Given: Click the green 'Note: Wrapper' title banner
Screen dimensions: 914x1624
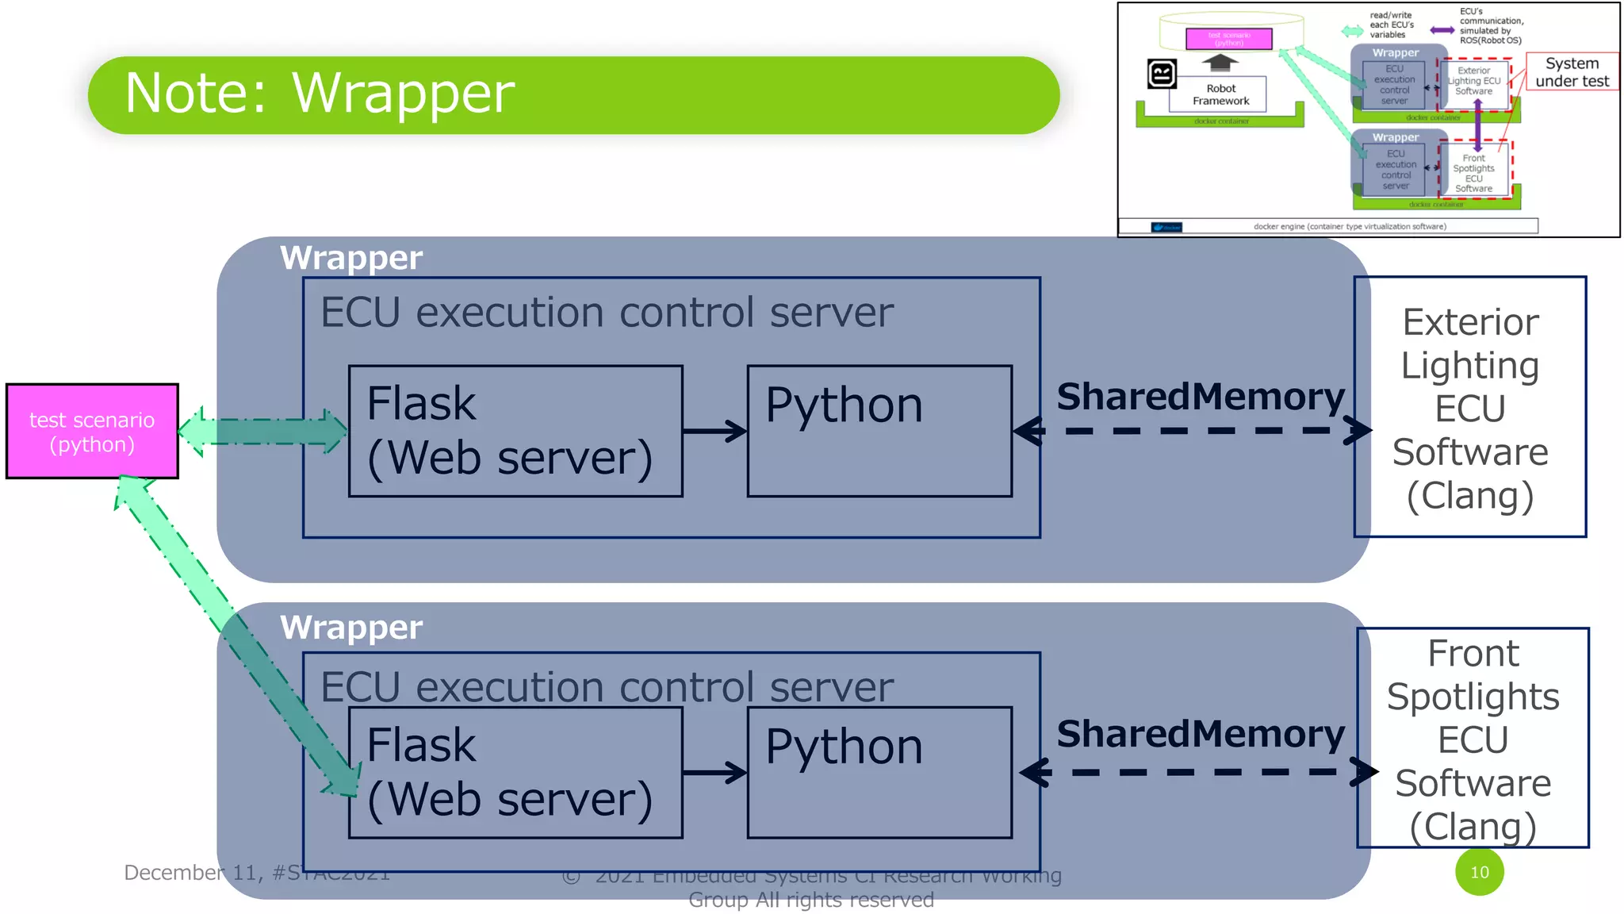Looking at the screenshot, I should point(573,94).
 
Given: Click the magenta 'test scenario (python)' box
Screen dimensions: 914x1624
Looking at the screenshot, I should point(92,432).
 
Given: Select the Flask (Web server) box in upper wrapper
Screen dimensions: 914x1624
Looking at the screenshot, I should point(515,432).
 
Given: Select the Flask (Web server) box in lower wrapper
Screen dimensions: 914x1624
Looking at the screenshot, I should point(515,773).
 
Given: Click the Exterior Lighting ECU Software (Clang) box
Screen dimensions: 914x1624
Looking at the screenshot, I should point(1470,408).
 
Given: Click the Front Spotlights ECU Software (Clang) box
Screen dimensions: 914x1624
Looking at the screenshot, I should point(1473,738).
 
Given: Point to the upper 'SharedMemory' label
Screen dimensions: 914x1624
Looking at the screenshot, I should point(1200,396).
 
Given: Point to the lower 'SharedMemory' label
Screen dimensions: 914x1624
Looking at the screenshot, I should point(1200,734).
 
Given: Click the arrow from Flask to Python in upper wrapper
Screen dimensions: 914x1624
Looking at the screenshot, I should point(714,432).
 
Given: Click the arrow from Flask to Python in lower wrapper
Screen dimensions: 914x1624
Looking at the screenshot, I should point(714,773).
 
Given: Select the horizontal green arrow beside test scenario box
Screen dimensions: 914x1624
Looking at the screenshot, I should point(262,432).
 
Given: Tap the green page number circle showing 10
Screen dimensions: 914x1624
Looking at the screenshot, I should point(1479,872).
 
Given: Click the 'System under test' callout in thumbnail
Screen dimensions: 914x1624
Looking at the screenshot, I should point(1572,72).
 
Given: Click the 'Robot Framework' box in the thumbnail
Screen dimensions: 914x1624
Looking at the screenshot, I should point(1220,94).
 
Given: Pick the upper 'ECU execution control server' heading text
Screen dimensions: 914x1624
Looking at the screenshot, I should point(607,313).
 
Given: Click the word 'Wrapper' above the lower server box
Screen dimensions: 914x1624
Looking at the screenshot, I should point(351,628).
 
